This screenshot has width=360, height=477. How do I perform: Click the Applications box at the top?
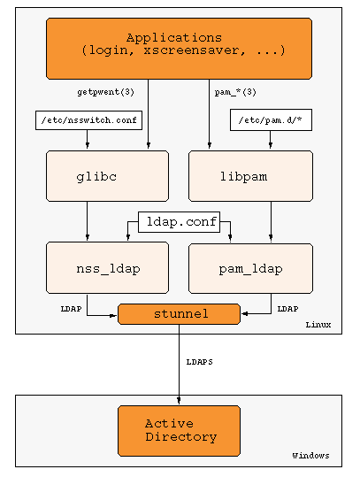click(x=179, y=49)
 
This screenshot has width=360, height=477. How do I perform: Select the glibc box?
click(x=107, y=176)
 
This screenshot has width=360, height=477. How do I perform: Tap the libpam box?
click(x=250, y=176)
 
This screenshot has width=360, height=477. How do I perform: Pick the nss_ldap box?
click(x=107, y=267)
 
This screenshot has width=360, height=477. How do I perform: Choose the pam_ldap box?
click(x=250, y=268)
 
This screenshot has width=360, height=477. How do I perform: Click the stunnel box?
click(x=179, y=314)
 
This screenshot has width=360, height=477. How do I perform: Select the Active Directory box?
click(x=179, y=431)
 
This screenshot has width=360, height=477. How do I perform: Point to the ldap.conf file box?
click(x=179, y=222)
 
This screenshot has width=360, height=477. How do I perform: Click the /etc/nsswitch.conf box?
click(x=88, y=120)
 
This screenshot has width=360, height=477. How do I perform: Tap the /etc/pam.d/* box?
click(x=271, y=119)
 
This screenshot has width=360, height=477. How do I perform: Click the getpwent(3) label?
click(x=105, y=92)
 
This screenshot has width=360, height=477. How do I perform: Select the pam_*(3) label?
click(x=235, y=92)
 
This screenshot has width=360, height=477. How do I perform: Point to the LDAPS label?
click(x=200, y=362)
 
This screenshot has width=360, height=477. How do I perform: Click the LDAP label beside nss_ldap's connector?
click(x=71, y=309)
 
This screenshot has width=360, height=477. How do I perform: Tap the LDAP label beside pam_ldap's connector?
click(x=287, y=309)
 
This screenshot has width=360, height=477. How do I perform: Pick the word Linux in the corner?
click(x=318, y=325)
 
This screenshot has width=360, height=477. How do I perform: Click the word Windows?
click(x=310, y=456)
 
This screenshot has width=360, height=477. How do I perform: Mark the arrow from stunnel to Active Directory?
click(x=179, y=365)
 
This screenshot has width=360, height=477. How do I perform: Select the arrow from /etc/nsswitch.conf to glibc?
click(x=88, y=139)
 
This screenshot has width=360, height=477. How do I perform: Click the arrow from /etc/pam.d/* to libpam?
click(x=271, y=140)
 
